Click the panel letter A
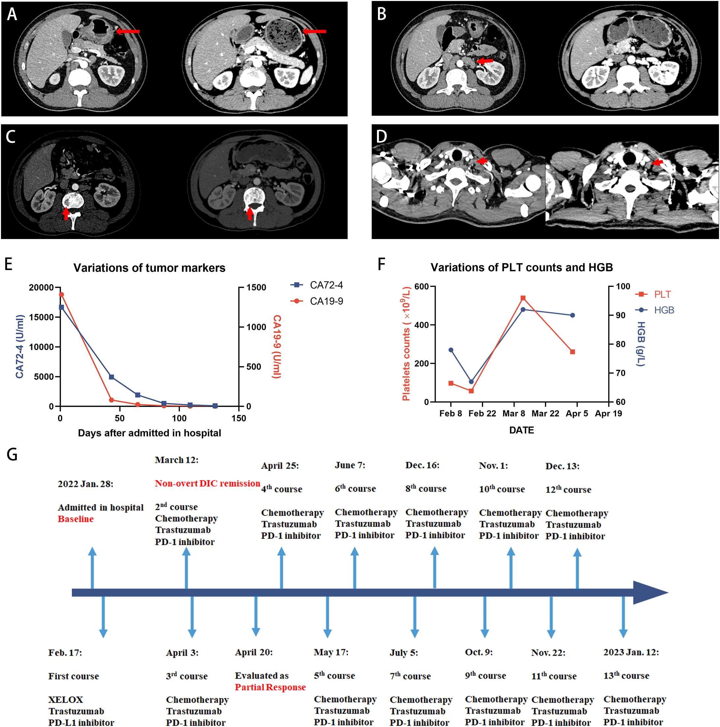pyautogui.click(x=12, y=14)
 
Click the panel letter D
pyautogui.click(x=381, y=136)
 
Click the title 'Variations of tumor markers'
pyautogui.click(x=149, y=268)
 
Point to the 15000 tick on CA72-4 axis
pyautogui.click(x=42, y=317)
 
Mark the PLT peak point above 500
pyautogui.click(x=523, y=298)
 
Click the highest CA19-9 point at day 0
pyautogui.click(x=61, y=295)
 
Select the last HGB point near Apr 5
pyautogui.click(x=573, y=315)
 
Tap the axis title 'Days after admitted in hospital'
pyautogui.click(x=149, y=433)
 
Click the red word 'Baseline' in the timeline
pyautogui.click(x=76, y=519)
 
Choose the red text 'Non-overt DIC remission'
pyautogui.click(x=207, y=484)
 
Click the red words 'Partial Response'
pyautogui.click(x=270, y=687)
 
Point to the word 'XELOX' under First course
pyautogui.click(x=66, y=700)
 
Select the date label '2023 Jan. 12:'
pyautogui.click(x=631, y=652)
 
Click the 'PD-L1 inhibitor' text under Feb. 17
pyautogui.click(x=81, y=722)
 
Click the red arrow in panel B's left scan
pyautogui.click(x=485, y=61)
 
